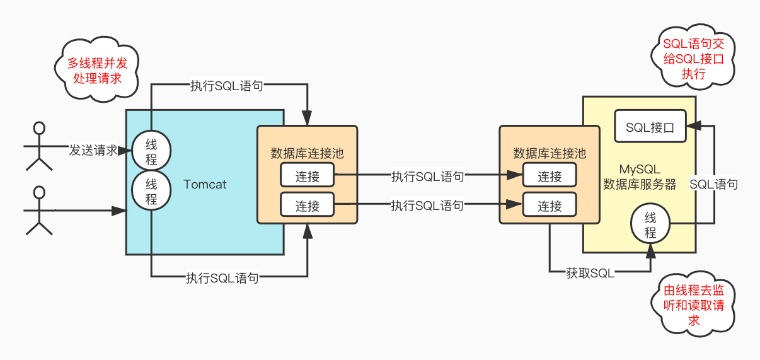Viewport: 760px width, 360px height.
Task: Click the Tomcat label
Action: (x=205, y=185)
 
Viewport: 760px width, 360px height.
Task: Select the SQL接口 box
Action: (x=650, y=127)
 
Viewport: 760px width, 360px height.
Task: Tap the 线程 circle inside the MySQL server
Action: (x=650, y=224)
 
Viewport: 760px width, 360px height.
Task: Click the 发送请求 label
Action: (x=93, y=150)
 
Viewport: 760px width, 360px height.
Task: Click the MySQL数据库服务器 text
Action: (x=639, y=177)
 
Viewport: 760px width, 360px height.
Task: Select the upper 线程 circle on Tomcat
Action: (x=151, y=150)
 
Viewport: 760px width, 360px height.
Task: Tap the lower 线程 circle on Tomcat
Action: (x=151, y=192)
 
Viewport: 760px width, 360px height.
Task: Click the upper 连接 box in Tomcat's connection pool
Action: (x=308, y=177)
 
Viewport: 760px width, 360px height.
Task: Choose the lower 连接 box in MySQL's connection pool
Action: (x=550, y=205)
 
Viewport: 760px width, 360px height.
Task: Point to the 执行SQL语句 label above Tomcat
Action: (x=226, y=86)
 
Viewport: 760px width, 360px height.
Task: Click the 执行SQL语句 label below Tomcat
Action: (x=222, y=277)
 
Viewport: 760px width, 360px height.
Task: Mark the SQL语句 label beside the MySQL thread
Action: (x=713, y=185)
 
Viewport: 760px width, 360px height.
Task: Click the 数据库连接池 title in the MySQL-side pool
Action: (x=550, y=153)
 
